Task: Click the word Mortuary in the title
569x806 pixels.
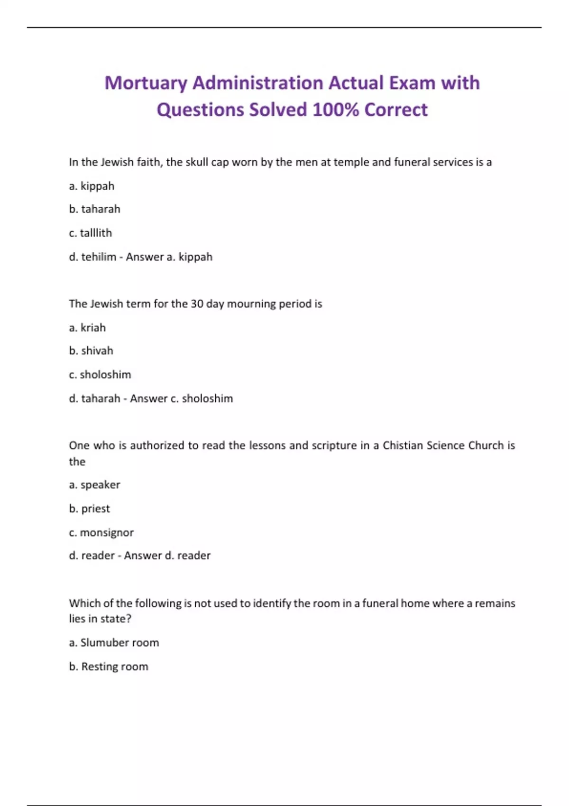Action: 146,83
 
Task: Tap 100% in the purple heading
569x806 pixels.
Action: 335,110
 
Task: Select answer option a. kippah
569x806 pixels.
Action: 92,186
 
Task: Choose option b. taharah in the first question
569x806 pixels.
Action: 94,209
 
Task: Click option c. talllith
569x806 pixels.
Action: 90,233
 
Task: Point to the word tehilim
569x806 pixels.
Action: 99,257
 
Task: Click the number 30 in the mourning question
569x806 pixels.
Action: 197,304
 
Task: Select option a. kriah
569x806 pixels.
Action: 87,328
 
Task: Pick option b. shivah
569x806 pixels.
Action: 91,351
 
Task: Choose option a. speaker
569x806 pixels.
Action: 94,485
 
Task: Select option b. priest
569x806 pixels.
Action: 89,509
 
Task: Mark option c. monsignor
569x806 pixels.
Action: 101,533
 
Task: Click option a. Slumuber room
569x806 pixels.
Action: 114,643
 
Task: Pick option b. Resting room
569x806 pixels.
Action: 109,667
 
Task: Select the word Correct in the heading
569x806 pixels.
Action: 396,110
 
